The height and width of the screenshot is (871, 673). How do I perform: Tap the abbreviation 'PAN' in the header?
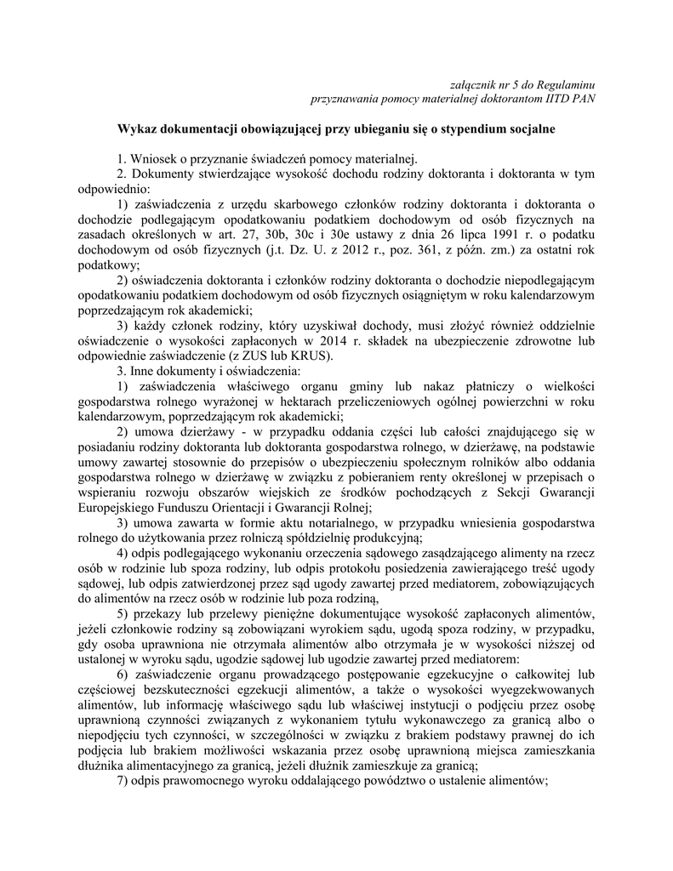(581, 97)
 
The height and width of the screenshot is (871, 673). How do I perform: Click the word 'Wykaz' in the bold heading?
(134, 128)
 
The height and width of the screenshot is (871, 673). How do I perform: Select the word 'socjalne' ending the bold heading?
(533, 128)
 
